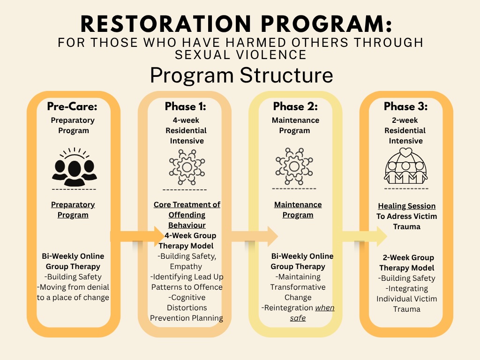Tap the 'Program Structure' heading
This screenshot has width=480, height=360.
coord(241,75)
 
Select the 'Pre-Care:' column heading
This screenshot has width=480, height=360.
coord(72,106)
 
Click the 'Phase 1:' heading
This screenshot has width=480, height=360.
coord(186,106)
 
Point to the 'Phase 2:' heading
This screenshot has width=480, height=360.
coord(295,106)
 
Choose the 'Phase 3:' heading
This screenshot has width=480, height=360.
coord(406,106)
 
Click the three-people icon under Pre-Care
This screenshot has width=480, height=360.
coord(74,167)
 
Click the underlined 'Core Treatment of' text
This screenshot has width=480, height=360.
coord(187,205)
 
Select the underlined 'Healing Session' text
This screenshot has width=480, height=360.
coord(407,206)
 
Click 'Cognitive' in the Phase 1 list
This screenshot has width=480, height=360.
coord(187,297)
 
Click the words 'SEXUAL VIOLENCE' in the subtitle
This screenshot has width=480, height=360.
coord(240,54)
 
